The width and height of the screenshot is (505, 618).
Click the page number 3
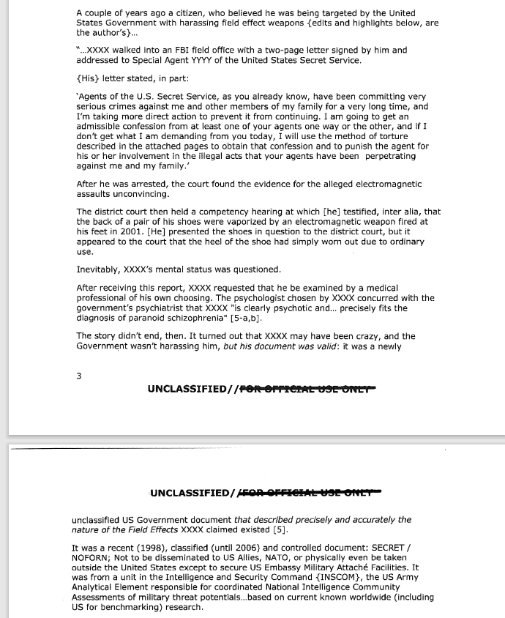click(79, 376)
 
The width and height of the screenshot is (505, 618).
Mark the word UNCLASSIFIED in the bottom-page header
click(190, 492)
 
